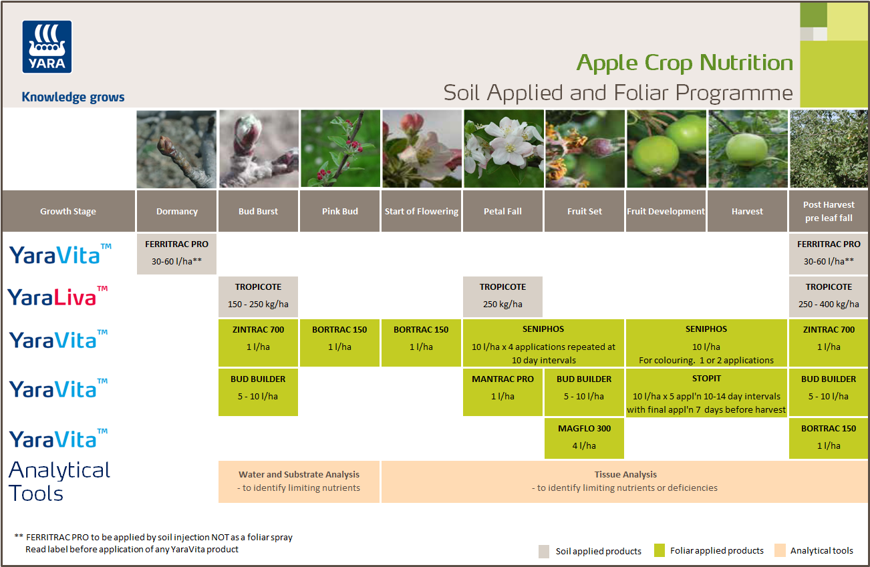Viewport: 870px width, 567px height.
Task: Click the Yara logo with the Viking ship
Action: (47, 46)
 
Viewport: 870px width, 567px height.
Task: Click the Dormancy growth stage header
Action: (176, 211)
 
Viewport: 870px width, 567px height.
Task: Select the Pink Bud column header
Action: (340, 211)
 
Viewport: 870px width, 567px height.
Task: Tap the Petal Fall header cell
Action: (502, 211)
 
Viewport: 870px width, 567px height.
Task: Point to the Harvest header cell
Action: (747, 211)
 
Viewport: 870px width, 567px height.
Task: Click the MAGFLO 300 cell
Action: (584, 437)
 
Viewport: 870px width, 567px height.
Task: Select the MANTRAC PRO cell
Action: (502, 387)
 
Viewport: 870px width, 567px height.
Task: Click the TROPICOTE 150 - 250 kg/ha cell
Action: (258, 296)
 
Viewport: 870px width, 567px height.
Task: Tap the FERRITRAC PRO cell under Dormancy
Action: (176, 253)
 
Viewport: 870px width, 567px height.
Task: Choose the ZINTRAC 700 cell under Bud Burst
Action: (258, 338)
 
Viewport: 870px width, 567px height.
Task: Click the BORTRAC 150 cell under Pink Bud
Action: (340, 338)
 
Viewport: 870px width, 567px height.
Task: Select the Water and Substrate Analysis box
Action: (299, 481)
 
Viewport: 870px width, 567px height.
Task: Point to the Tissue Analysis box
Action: (625, 481)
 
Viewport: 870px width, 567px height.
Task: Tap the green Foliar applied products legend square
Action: (659, 551)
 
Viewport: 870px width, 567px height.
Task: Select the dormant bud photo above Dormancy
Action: (176, 149)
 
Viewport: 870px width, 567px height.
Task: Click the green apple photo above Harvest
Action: (747, 149)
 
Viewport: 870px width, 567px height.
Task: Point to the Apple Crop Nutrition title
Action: (684, 63)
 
